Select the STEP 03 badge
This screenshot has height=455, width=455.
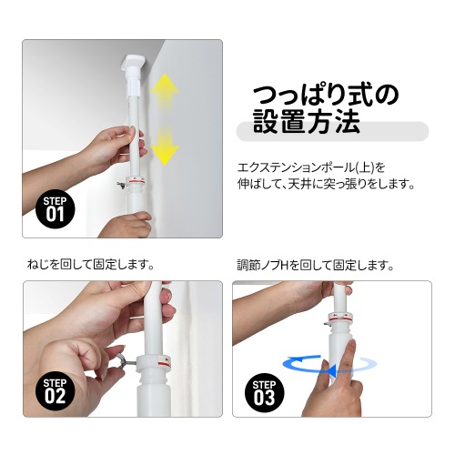(264, 389)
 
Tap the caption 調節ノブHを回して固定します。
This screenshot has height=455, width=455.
(315, 266)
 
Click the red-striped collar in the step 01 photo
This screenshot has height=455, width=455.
(137, 180)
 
